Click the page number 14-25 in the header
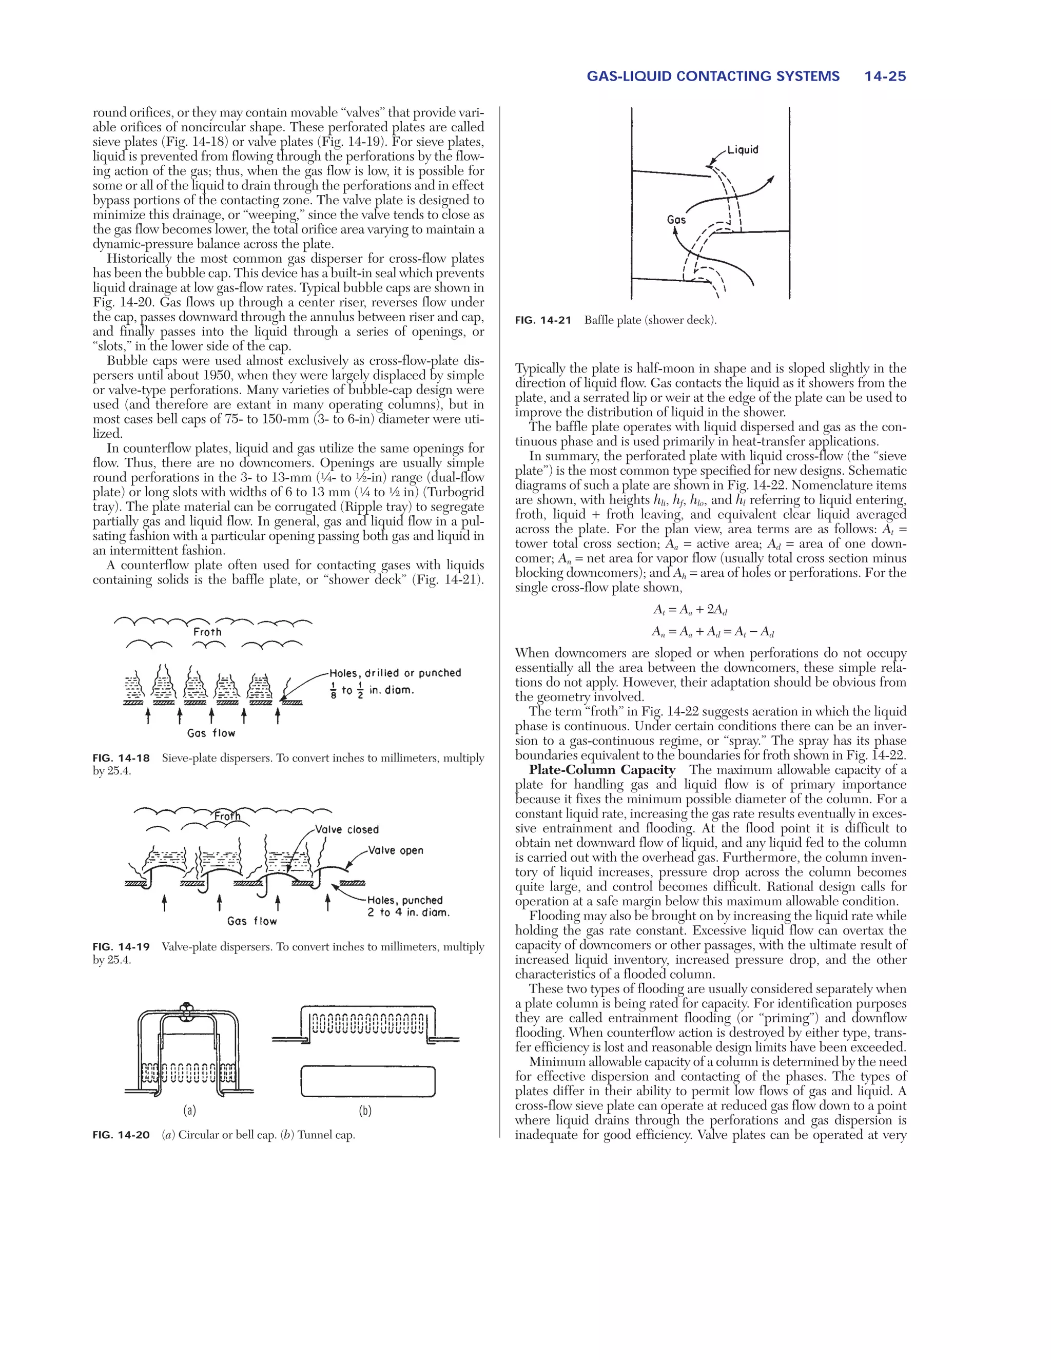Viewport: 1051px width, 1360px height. (x=885, y=76)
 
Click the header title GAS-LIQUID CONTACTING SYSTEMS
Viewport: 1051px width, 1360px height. (x=713, y=76)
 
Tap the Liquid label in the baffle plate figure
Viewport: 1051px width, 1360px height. (x=742, y=149)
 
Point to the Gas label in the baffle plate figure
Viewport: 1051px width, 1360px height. (x=676, y=219)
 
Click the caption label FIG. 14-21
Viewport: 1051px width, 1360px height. (x=543, y=320)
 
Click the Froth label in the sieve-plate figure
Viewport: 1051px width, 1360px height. (x=207, y=631)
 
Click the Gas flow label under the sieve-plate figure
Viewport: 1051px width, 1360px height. (x=211, y=733)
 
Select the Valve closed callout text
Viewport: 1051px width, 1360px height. (x=347, y=829)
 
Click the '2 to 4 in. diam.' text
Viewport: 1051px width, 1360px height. (x=408, y=912)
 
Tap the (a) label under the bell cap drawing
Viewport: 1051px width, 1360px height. (x=189, y=1110)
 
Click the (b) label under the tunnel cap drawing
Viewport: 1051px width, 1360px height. (x=365, y=1110)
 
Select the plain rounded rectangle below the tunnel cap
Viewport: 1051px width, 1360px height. (x=367, y=1082)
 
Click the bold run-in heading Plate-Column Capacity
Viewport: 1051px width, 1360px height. (x=601, y=770)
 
